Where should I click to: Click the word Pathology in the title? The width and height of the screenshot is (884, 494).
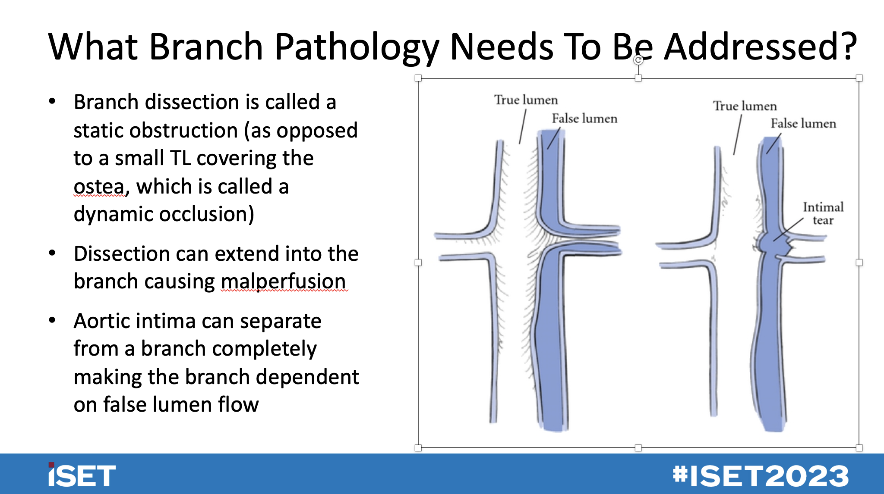pos(357,47)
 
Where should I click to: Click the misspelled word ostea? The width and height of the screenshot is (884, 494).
pos(99,187)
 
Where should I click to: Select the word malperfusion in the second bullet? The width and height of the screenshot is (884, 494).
pos(283,281)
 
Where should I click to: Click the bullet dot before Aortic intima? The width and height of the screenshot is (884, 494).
pos(52,321)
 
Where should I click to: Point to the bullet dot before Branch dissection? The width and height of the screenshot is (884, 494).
pos(52,102)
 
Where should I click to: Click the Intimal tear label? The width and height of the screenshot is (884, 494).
pos(823,213)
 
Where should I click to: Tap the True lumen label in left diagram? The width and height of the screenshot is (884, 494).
pos(526,100)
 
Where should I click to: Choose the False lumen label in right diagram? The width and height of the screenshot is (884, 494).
pos(803,124)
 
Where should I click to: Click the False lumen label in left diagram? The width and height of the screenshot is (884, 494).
pos(584,119)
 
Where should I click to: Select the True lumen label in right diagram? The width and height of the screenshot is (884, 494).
pos(745,106)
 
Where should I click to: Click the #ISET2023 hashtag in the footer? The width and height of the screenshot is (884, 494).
pos(760,476)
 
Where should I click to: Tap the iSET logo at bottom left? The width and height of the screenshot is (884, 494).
pos(82,475)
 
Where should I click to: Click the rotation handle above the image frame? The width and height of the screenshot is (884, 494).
pos(638,60)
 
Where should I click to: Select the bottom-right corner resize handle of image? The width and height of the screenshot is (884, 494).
pos(859,447)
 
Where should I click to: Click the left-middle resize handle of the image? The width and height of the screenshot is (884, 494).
pos(418,263)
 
